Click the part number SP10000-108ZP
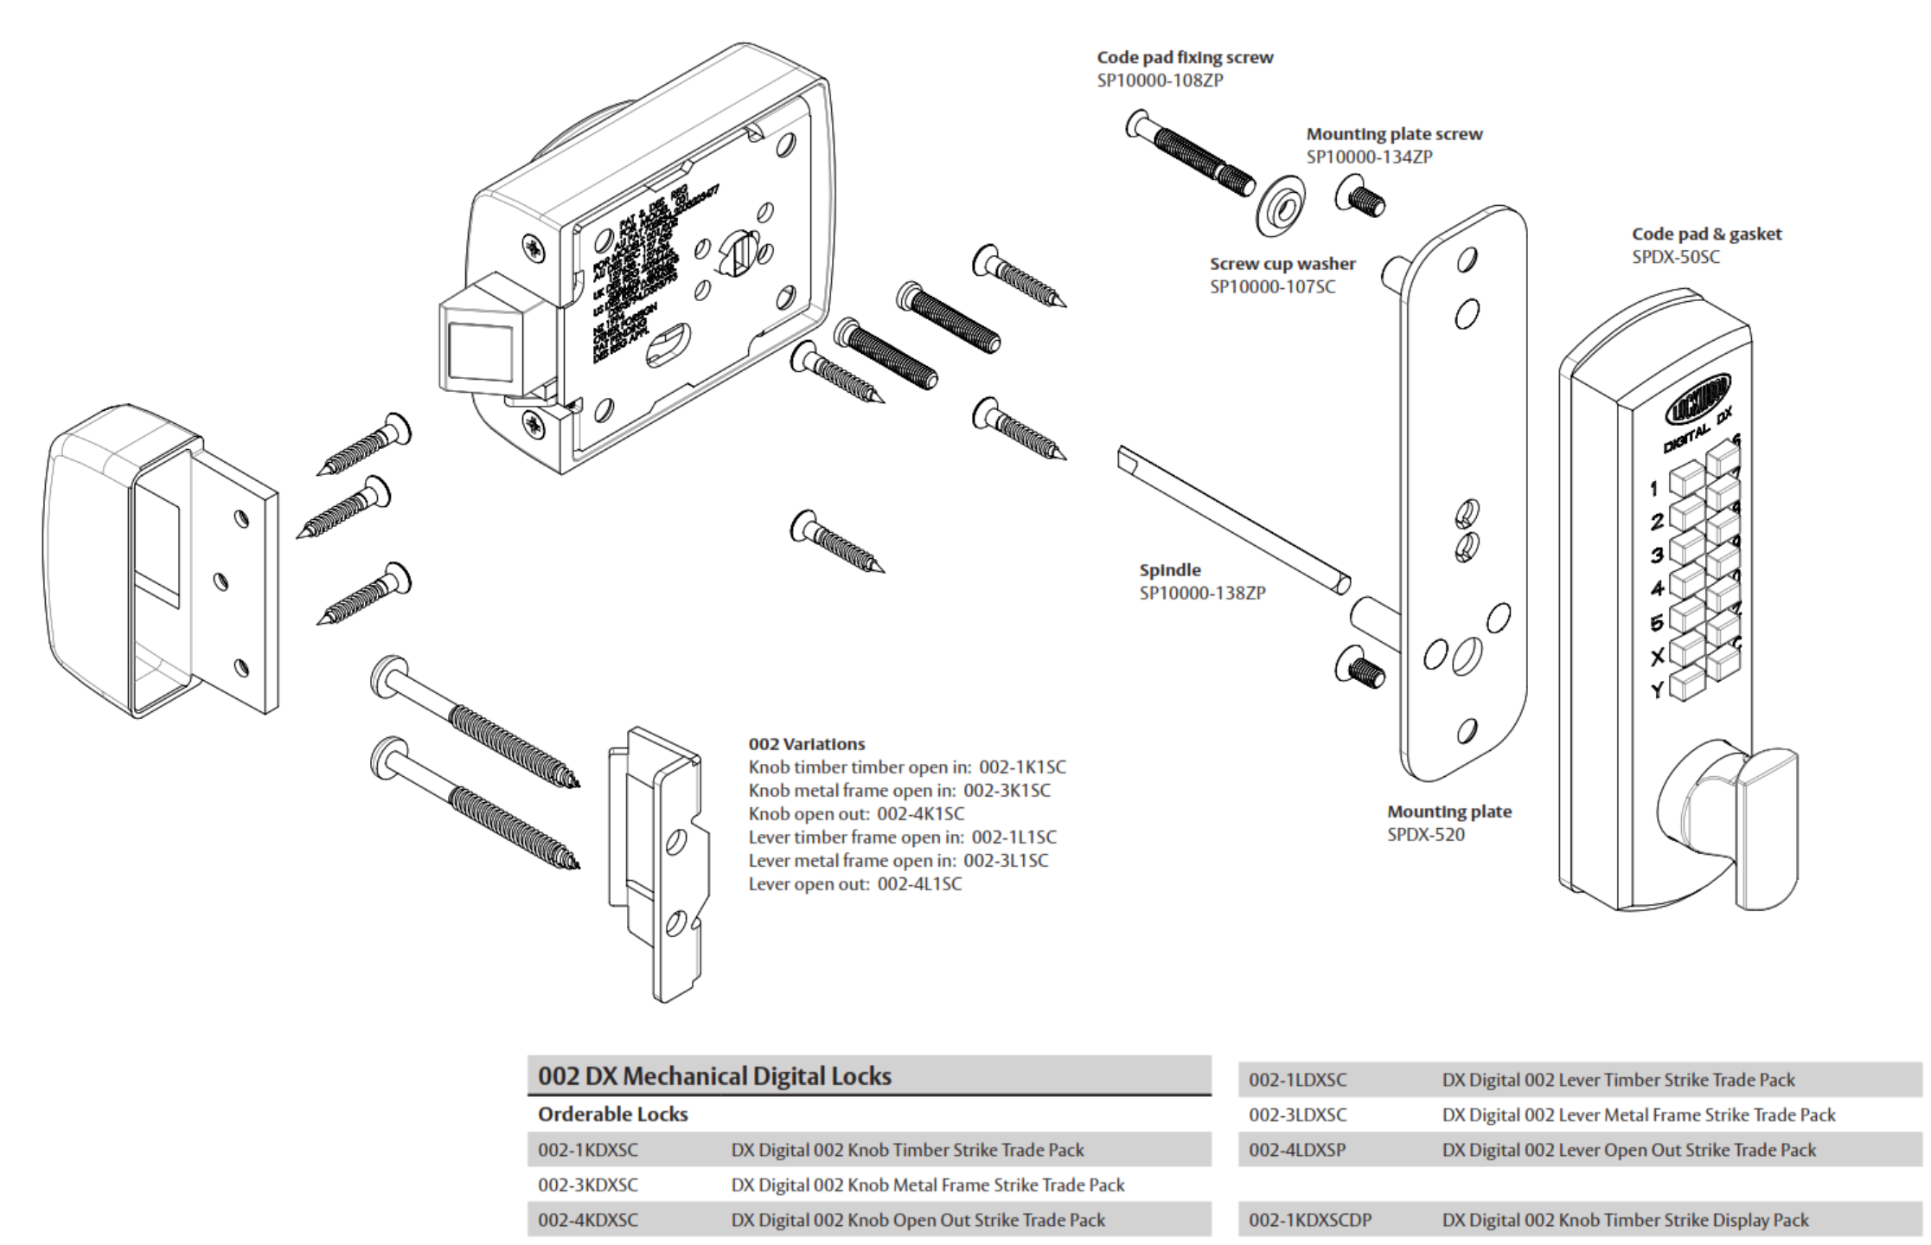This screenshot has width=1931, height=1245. [1160, 80]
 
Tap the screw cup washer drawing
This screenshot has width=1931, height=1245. [1281, 207]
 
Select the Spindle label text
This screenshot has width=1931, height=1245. [1169, 570]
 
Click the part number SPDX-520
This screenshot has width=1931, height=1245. [1426, 835]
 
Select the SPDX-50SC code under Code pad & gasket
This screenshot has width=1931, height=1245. [1676, 257]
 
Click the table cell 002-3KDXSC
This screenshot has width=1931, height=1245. [588, 1184]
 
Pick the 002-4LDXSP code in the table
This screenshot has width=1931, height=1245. [1296, 1150]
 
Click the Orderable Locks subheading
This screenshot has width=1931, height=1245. [612, 1114]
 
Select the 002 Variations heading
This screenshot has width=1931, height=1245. [806, 744]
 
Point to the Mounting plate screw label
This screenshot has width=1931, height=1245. [1393, 134]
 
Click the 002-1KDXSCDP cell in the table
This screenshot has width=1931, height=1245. [1309, 1220]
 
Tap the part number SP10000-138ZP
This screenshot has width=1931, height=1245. [1202, 594]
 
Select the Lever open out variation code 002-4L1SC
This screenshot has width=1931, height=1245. [919, 883]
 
